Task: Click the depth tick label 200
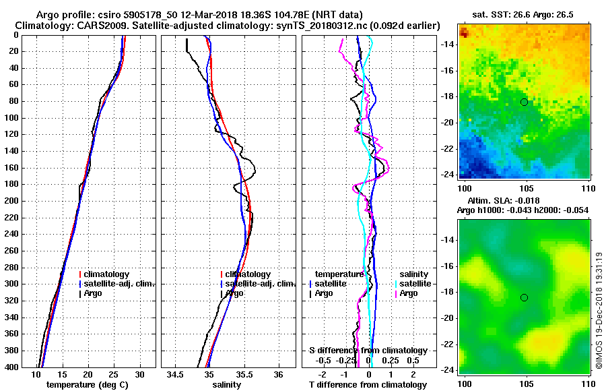(11, 201)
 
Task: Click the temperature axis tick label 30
(139, 374)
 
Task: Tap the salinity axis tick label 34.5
(176, 374)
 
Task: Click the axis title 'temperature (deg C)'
(88, 385)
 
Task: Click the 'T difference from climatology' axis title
(368, 385)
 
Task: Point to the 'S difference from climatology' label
(368, 351)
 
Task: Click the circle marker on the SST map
(524, 102)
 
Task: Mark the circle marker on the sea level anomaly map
(524, 297)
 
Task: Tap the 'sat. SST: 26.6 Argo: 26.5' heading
(525, 15)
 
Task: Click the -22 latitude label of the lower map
(448, 344)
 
